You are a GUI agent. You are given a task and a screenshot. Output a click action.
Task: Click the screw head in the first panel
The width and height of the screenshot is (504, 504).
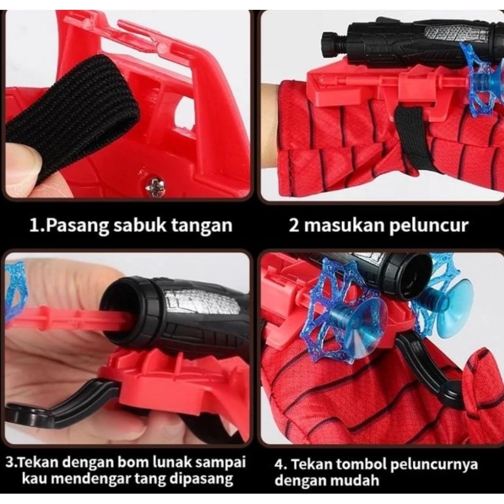(157, 186)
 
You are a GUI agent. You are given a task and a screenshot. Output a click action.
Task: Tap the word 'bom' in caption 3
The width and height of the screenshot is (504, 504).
(135, 463)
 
